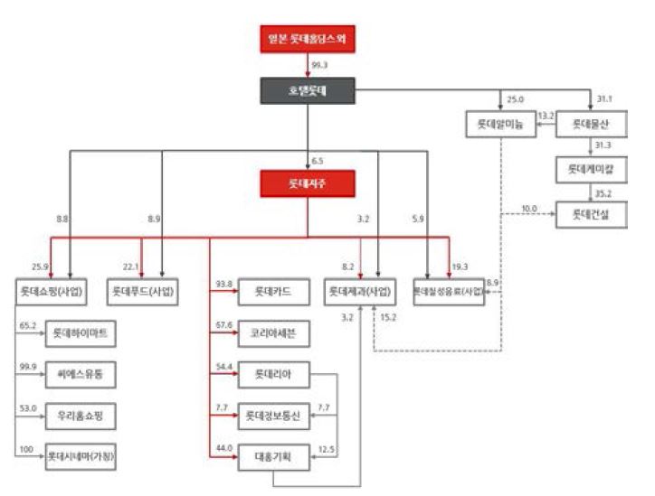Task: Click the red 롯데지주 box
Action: (307, 182)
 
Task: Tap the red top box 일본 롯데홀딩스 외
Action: (307, 41)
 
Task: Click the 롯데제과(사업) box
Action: (360, 292)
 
